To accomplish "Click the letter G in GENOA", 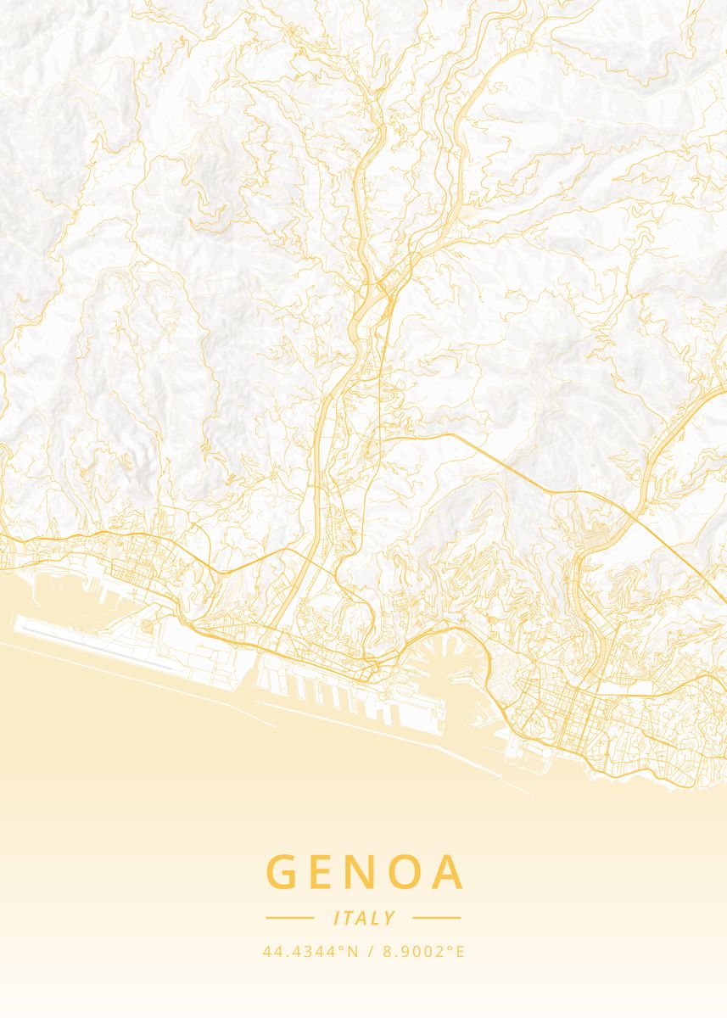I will (285, 872).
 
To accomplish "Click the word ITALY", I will (364, 918).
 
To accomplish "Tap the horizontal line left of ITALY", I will (290, 918).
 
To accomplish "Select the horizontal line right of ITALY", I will (436, 918).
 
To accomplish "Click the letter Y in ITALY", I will (389, 918).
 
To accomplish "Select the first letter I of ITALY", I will (338, 918).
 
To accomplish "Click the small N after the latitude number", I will (351, 952).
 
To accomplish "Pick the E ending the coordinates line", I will (461, 952).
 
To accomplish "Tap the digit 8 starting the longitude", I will (389, 952).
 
